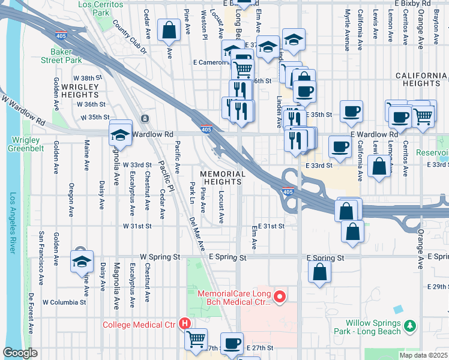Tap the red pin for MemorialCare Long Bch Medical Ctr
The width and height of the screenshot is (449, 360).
[279, 296]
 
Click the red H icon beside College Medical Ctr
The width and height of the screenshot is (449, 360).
[185, 324]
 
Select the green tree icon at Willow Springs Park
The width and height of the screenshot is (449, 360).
[411, 325]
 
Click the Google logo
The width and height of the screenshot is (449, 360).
[20, 353]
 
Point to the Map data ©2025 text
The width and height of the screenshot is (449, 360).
[423, 355]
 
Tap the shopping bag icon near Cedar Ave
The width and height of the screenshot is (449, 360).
[169, 29]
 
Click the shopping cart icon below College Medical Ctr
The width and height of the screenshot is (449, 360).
[196, 339]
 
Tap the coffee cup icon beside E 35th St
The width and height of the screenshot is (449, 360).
[351, 111]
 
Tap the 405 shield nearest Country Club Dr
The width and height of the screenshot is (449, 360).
[61, 35]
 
